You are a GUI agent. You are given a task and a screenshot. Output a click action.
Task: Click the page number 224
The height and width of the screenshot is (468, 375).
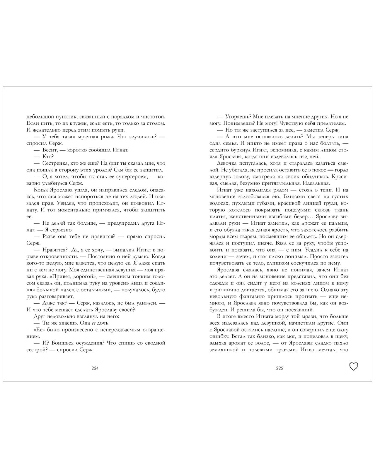click(x=95, y=368)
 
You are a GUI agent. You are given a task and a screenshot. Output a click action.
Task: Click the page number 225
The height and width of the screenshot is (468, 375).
click(x=279, y=368)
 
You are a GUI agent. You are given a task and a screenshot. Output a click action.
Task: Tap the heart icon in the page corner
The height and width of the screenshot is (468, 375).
click(x=354, y=366)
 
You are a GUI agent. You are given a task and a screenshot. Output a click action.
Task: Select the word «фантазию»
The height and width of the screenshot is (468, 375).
click(x=243, y=296)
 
